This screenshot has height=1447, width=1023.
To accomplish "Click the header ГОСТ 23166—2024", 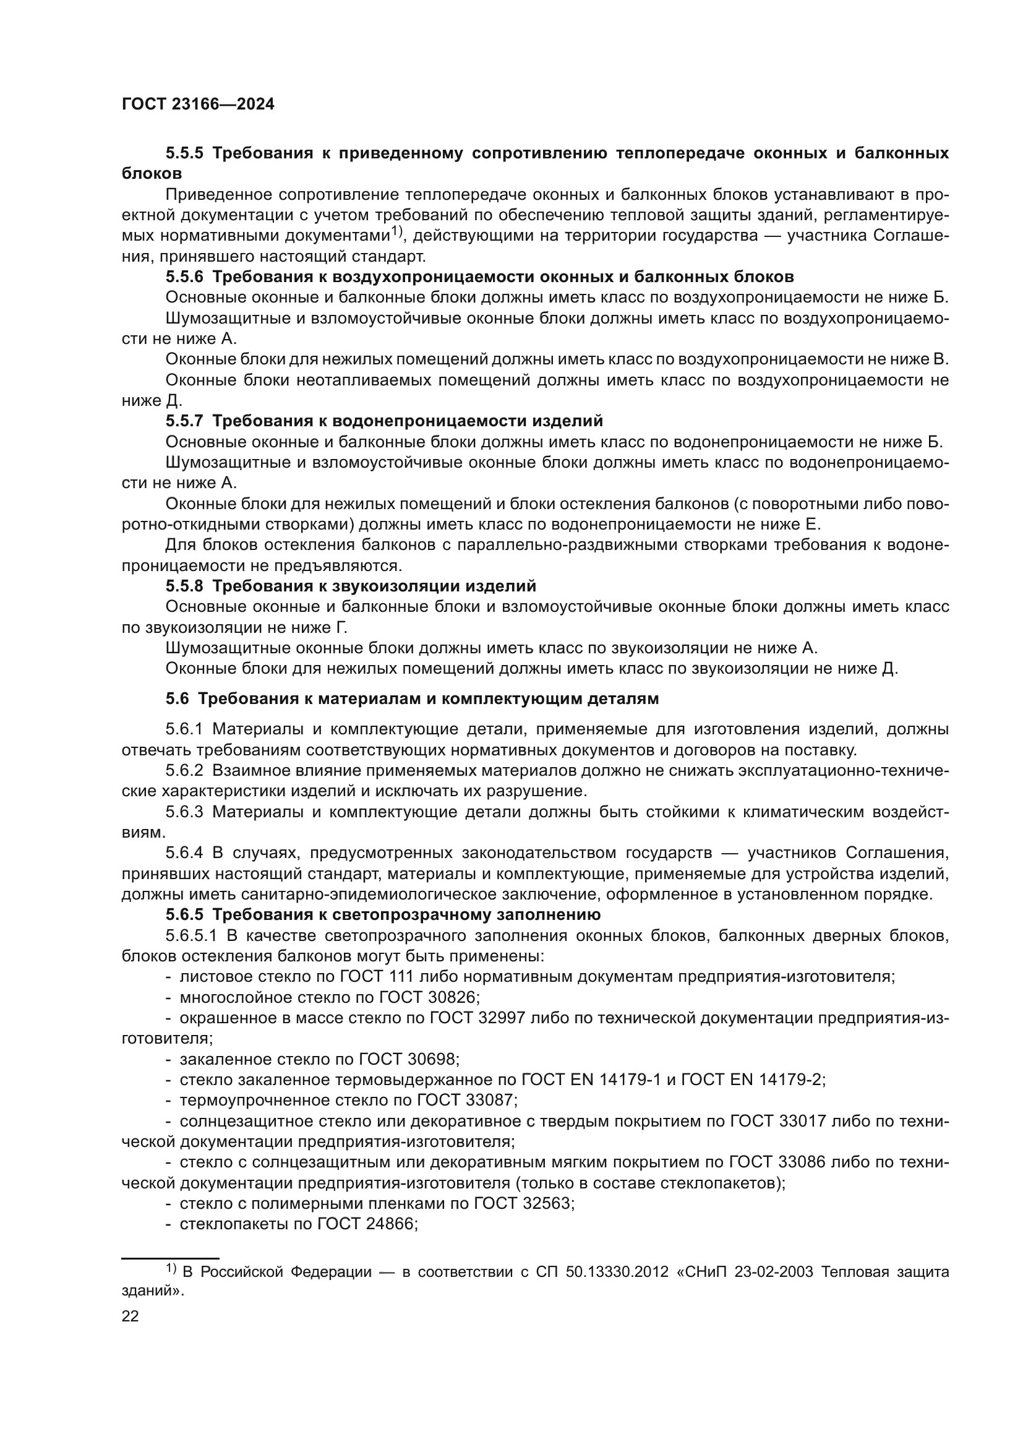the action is click(x=198, y=105).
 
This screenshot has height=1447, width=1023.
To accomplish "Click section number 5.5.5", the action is click(x=184, y=153).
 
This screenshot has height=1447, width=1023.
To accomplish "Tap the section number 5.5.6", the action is click(x=184, y=277).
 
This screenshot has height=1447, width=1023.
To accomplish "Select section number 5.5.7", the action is click(x=184, y=420).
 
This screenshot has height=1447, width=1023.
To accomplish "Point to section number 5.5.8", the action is click(x=184, y=586).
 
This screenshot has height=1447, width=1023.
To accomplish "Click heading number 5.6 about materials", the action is click(x=177, y=698).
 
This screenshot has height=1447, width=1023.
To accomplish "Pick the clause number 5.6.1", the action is click(x=184, y=729).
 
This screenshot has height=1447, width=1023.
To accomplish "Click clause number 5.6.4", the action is click(x=184, y=852).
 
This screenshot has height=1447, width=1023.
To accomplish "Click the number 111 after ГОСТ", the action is click(x=400, y=977).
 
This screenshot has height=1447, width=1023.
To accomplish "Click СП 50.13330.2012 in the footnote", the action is click(x=602, y=1272).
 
